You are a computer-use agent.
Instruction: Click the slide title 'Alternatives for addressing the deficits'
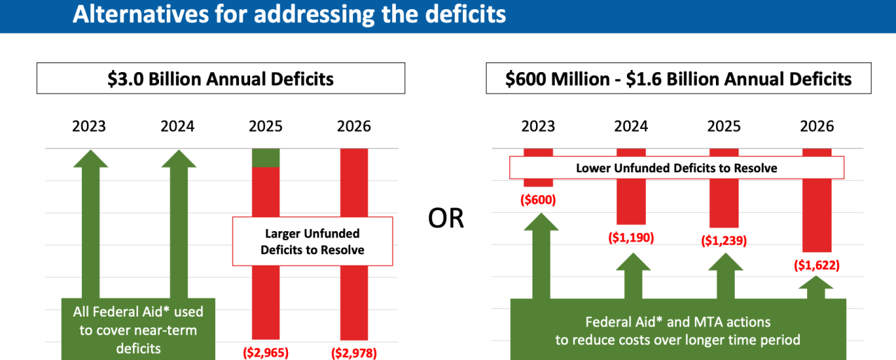[289, 14]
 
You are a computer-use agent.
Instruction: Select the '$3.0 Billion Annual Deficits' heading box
[221, 78]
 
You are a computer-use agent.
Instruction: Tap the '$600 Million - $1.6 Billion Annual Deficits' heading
[678, 78]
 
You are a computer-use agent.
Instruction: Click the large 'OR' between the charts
[446, 219]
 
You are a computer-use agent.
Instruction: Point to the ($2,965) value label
[266, 352]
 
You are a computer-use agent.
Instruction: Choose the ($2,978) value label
[354, 352]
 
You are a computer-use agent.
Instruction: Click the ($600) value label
[538, 200]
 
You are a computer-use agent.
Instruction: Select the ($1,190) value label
[630, 237]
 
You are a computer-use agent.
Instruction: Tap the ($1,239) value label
[724, 241]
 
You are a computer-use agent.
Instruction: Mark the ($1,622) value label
[816, 265]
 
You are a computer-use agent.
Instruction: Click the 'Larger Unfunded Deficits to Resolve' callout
[312, 242]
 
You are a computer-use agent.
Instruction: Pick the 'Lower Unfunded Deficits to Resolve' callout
[676, 168]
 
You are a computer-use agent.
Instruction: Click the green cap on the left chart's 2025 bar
[266, 158]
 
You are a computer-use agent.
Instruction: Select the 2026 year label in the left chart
[354, 127]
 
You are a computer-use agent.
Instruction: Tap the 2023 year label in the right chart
[538, 127]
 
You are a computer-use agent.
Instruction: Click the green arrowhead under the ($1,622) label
[816, 284]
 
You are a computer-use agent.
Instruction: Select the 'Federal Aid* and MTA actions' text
[677, 322]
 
